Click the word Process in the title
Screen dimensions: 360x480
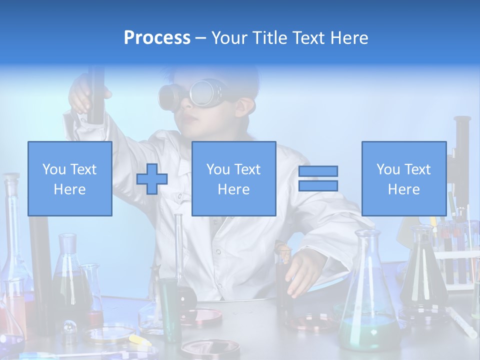pos(157,38)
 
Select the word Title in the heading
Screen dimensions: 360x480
pos(270,38)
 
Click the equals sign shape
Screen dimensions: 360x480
pos(318,178)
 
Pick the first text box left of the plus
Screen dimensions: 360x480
pos(69,179)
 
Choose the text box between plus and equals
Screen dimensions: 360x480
pos(233,179)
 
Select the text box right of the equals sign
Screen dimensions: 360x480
pos(403,179)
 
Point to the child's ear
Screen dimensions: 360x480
pos(244,106)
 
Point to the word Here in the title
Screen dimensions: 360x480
pos(348,38)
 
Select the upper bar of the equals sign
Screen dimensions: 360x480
pos(318,171)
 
